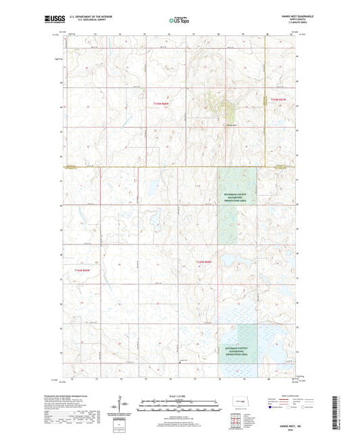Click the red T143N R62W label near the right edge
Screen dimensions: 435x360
click(279, 100)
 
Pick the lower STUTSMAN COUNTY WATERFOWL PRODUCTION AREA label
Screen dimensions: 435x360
click(237, 349)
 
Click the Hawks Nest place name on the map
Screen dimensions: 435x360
click(232, 124)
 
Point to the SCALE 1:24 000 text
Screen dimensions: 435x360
click(179, 396)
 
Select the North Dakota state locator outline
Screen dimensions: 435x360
click(236, 405)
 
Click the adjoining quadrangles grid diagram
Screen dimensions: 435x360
click(236, 422)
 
